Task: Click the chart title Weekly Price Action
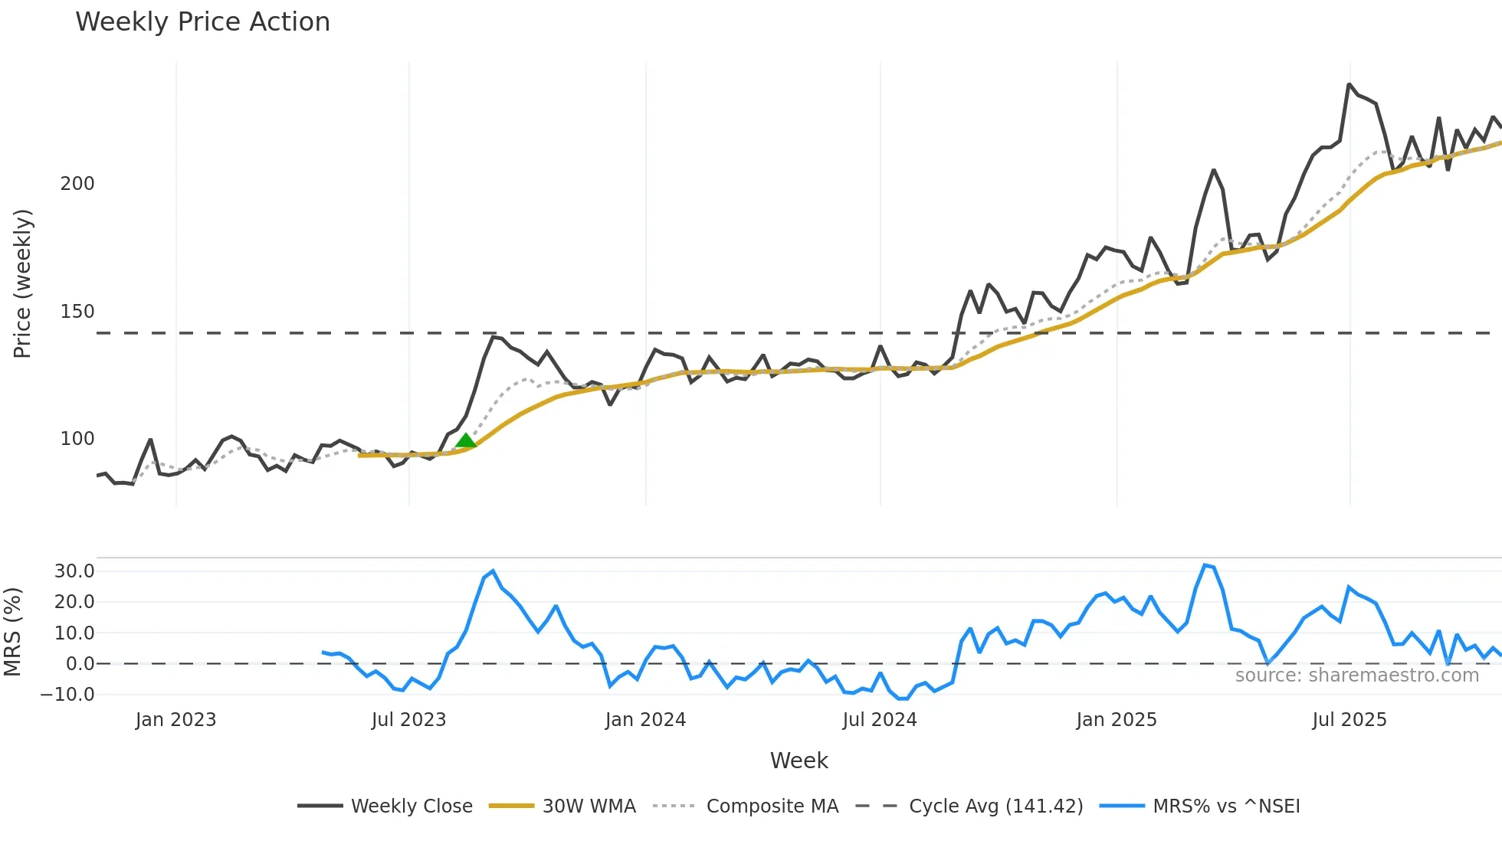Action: tap(202, 22)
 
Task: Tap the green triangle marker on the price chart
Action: tap(465, 440)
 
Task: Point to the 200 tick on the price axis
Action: tap(77, 184)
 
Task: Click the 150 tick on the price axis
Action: tap(77, 312)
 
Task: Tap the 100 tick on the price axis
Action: tap(77, 439)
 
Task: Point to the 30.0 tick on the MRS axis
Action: tap(74, 571)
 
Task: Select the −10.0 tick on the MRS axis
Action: tap(68, 695)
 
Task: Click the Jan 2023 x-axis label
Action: tap(176, 720)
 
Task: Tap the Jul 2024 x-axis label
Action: tap(880, 720)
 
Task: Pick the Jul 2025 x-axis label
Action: tap(1350, 720)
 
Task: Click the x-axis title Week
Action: tap(799, 761)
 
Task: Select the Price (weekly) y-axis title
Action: tap(22, 283)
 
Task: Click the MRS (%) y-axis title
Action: tap(12, 632)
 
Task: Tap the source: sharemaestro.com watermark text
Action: tap(1356, 676)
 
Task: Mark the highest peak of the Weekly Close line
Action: tap(1350, 84)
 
